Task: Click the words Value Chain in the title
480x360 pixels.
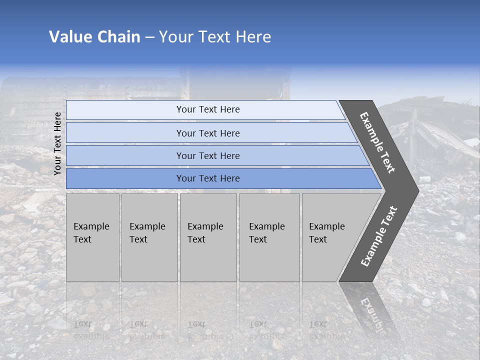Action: [x=94, y=37]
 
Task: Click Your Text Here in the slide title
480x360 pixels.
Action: [x=215, y=37]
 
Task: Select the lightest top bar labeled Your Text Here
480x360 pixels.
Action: [x=207, y=109]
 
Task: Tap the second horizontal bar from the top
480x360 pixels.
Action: [x=207, y=133]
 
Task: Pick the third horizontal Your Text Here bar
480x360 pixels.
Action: [x=207, y=155]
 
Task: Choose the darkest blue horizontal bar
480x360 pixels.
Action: [x=207, y=178]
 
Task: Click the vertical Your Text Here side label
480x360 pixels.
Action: [x=57, y=143]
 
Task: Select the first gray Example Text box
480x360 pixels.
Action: [x=92, y=237]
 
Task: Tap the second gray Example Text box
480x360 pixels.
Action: [x=149, y=237]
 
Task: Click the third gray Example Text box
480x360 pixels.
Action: [x=207, y=237]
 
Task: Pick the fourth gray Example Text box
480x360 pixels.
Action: [x=269, y=237]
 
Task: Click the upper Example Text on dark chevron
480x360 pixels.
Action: [x=377, y=143]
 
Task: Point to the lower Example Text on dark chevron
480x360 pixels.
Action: [x=378, y=236]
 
